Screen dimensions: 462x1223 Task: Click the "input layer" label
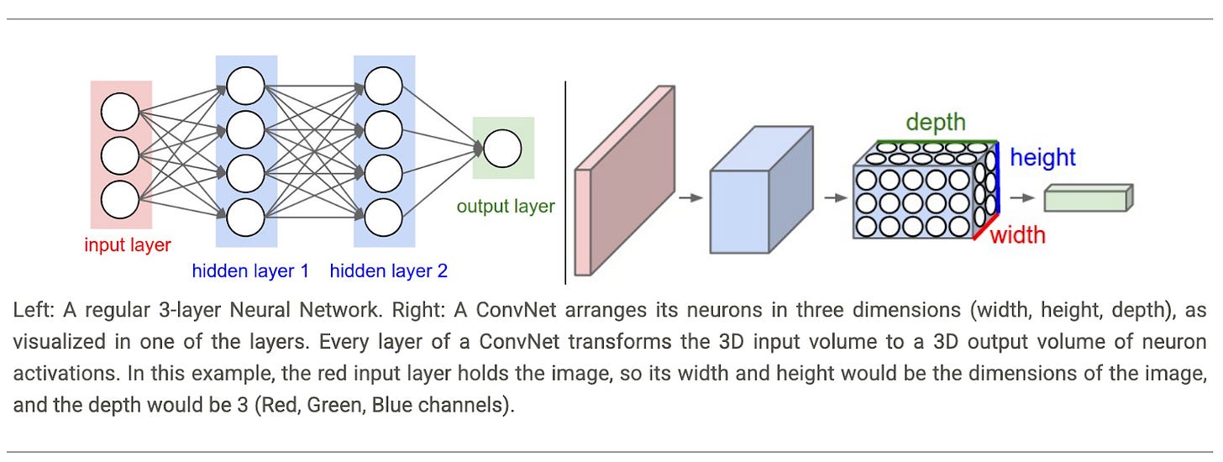pyautogui.click(x=128, y=245)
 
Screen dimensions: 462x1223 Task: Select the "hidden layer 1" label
pyautogui.click(x=251, y=270)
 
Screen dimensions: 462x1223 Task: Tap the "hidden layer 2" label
pyautogui.click(x=389, y=270)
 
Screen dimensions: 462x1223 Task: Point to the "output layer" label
pyautogui.click(x=506, y=206)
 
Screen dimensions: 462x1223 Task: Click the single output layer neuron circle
pyautogui.click(x=502, y=148)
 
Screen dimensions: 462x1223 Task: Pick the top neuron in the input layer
pyautogui.click(x=119, y=113)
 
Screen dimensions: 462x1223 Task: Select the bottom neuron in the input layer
pyautogui.click(x=119, y=200)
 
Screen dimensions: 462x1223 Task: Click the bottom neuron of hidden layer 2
pyautogui.click(x=383, y=217)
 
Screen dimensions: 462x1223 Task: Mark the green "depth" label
pyautogui.click(x=936, y=123)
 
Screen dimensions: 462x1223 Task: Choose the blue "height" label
pyautogui.click(x=1042, y=157)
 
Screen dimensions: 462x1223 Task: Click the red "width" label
pyautogui.click(x=1018, y=234)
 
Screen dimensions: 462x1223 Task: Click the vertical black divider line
pyautogui.click(x=565, y=182)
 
